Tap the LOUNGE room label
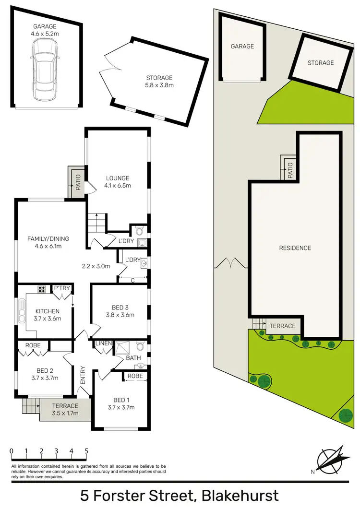click(118, 178)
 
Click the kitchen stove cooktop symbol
click(42, 289)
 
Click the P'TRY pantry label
click(62, 288)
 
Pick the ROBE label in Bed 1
click(135, 376)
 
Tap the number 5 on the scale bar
click(86, 451)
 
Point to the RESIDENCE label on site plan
click(295, 248)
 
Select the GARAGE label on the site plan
click(242, 47)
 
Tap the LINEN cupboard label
click(104, 343)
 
